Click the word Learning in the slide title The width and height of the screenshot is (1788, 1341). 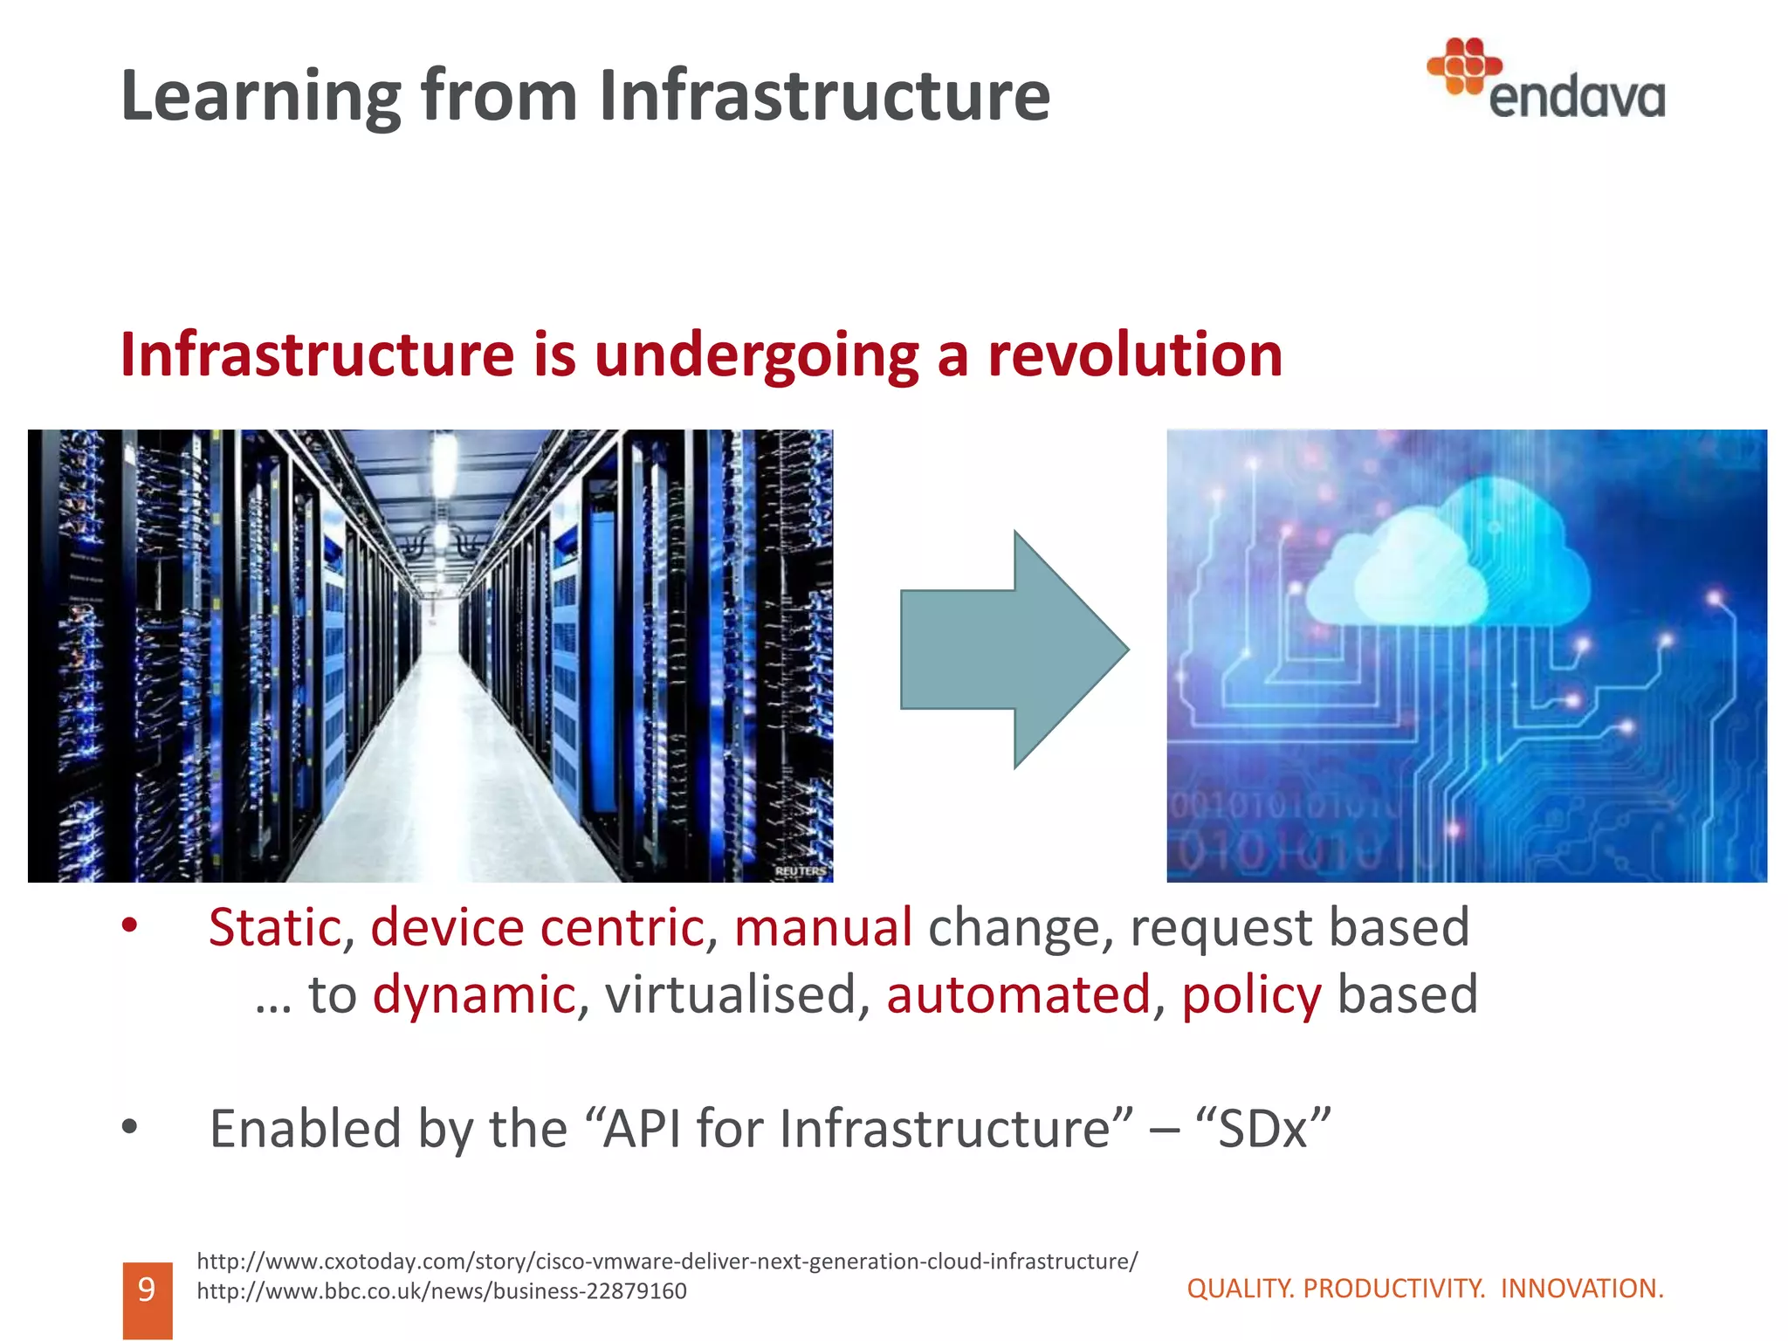[x=260, y=98]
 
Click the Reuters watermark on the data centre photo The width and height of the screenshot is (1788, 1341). [x=800, y=871]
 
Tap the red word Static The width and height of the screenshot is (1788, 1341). [x=275, y=927]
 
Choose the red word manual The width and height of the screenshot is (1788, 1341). [x=822, y=927]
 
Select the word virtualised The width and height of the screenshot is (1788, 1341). [x=730, y=995]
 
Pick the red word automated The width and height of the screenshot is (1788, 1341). [x=1018, y=995]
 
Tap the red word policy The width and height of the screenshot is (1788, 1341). [x=1251, y=995]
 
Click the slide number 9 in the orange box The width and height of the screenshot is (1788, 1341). [x=147, y=1289]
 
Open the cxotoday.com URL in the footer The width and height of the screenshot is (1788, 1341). [x=667, y=1262]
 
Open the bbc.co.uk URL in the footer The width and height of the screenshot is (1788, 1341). [x=442, y=1291]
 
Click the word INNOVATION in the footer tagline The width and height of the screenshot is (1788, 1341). [x=1581, y=1289]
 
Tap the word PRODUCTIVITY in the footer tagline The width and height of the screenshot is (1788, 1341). [x=1393, y=1289]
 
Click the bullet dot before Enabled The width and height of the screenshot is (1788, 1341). [x=130, y=1127]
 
